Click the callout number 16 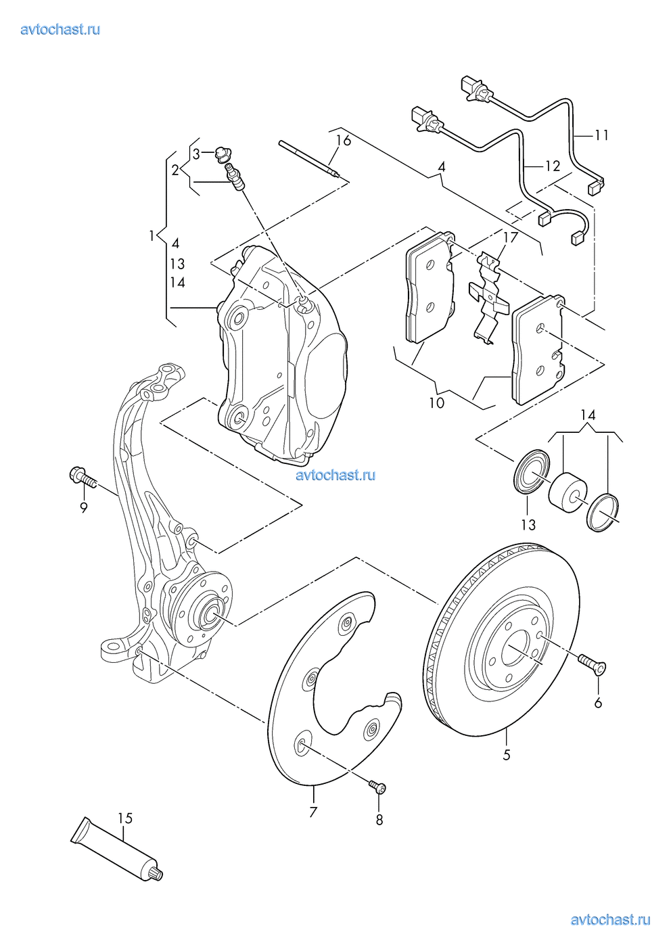344,141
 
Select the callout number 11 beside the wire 601,135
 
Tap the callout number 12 553,166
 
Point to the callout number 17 511,237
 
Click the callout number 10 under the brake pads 437,402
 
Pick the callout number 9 84,507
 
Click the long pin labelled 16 308,160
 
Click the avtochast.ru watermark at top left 61,29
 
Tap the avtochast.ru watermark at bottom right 610,920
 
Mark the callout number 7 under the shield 313,812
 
